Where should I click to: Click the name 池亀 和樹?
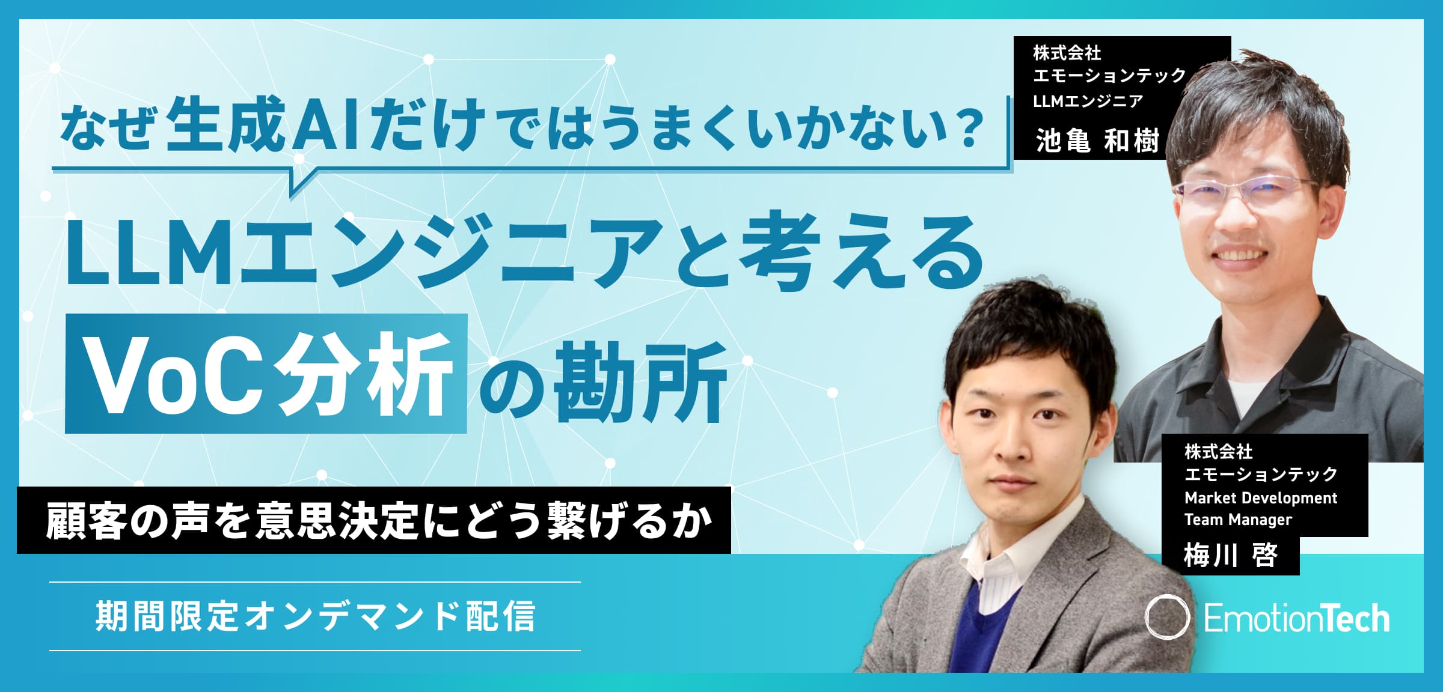point(1097,141)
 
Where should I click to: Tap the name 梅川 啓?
point(1230,554)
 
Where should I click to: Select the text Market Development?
point(1260,497)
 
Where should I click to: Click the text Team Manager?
point(1238,520)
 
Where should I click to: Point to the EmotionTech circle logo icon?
point(1167,617)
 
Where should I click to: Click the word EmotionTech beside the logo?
point(1297,618)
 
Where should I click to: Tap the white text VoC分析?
point(267,374)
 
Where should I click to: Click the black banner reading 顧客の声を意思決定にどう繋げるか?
point(374,520)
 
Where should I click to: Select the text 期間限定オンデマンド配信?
point(315,616)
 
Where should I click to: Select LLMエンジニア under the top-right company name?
point(1088,100)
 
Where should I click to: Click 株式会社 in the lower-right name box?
point(1218,451)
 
